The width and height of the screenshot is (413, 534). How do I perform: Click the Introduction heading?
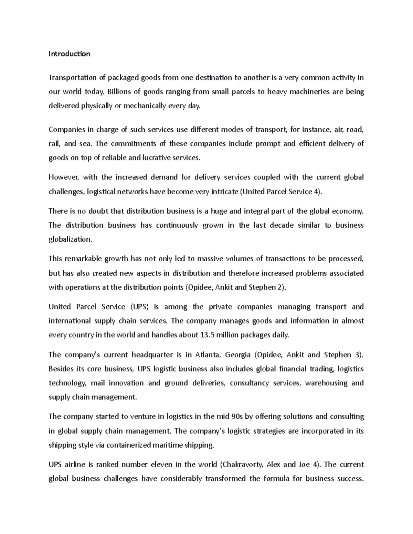click(69, 54)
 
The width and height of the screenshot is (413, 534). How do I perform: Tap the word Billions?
click(119, 92)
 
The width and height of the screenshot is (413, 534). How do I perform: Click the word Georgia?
click(238, 355)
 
